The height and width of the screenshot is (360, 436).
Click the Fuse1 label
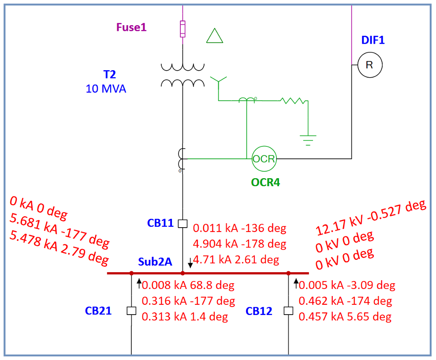tap(131, 27)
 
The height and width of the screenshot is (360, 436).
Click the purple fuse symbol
tap(183, 29)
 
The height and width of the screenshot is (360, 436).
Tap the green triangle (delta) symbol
tap(215, 36)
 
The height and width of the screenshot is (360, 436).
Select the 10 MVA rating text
tap(106, 89)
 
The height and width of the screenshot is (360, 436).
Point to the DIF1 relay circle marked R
tap(369, 65)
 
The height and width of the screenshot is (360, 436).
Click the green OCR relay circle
tap(264, 159)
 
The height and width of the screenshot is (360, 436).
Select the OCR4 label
tap(265, 182)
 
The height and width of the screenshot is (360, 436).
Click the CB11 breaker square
tap(183, 223)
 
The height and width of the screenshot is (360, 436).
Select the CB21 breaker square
tap(131, 311)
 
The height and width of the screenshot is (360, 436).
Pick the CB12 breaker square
tap(288, 311)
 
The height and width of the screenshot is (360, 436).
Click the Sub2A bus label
tap(155, 262)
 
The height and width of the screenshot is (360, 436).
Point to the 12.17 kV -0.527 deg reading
tap(371, 218)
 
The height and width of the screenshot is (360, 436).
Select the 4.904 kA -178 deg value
tap(240, 244)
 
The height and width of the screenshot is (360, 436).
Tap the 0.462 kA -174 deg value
tap(345, 301)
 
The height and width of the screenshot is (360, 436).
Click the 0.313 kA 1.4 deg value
tap(185, 316)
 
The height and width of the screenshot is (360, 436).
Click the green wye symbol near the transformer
tap(218, 82)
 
